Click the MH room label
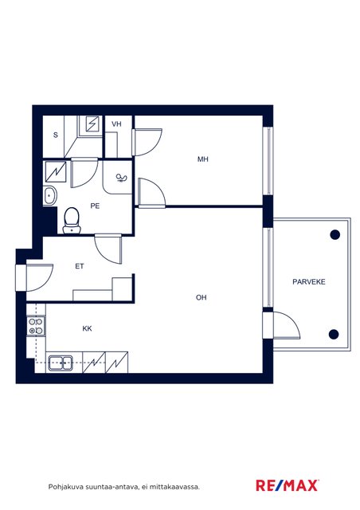point(202,159)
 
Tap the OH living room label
point(201,297)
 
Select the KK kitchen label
point(87,328)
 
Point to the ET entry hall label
point(80,266)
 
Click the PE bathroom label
point(95,206)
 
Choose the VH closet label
point(116,124)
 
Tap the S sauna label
point(56,135)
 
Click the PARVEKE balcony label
point(308,281)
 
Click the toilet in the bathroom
point(71,221)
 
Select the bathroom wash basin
point(49,196)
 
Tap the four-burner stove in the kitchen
point(36,326)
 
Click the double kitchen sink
point(61,363)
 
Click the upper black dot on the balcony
point(335,234)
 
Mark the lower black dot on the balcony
point(334,334)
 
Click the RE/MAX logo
point(287,485)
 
